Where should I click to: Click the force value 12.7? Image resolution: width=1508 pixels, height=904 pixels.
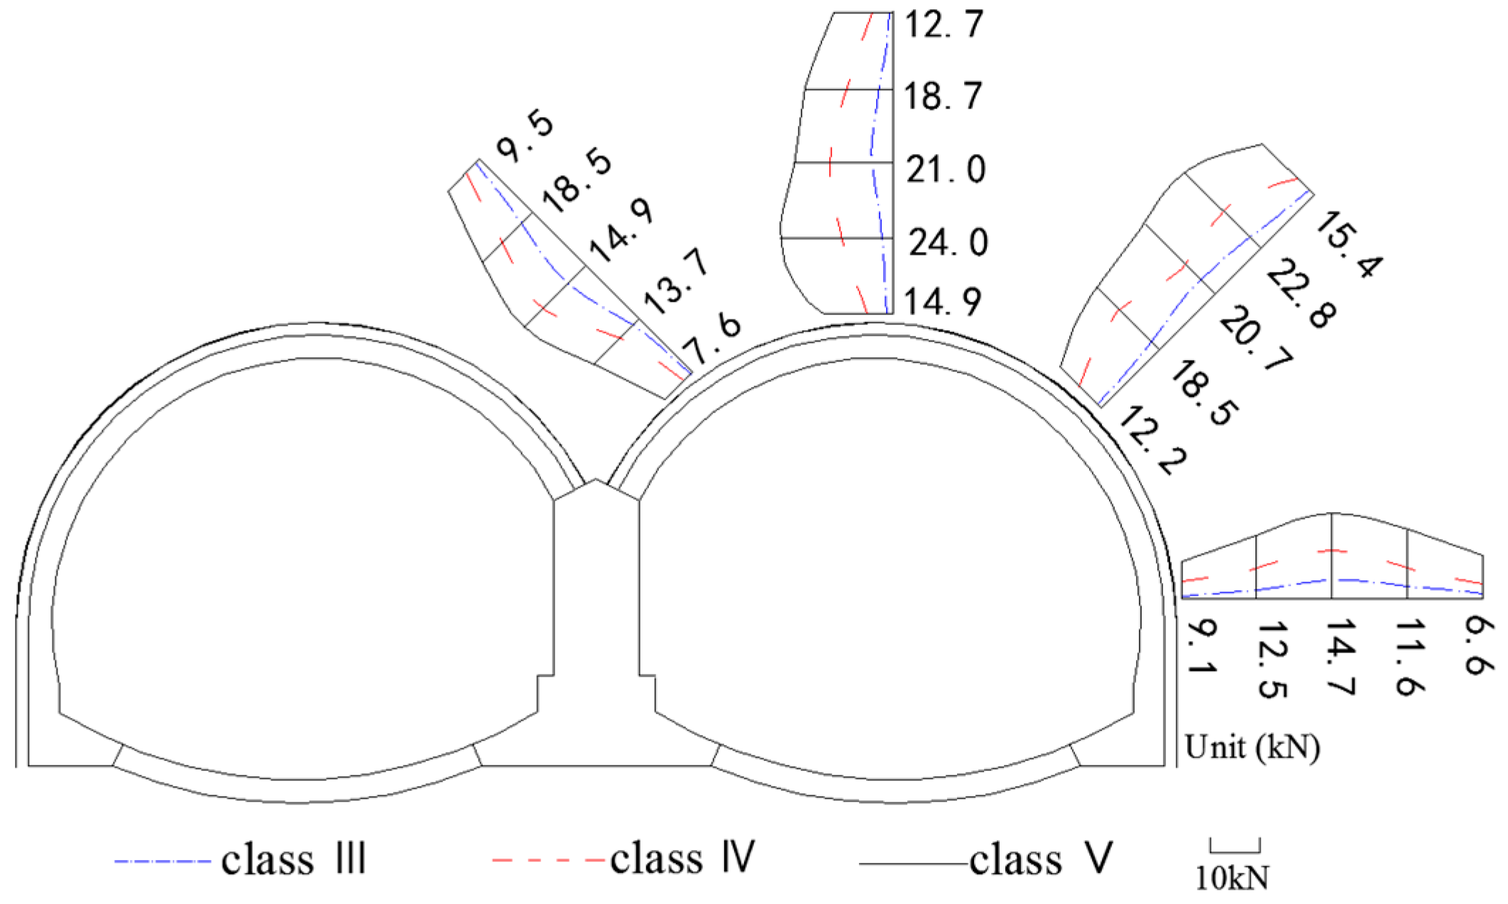tap(944, 25)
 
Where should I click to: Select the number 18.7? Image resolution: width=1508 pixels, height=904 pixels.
tap(943, 96)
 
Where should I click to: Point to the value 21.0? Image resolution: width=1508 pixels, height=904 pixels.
tap(946, 170)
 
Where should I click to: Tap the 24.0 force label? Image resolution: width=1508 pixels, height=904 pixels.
tap(948, 243)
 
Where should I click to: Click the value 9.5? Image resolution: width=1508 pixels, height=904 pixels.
tap(525, 138)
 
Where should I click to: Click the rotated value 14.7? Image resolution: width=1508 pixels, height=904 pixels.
tap(1340, 657)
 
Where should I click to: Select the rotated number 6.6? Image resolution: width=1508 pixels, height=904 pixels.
tap(1479, 646)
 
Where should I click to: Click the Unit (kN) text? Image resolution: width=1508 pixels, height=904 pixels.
tap(1252, 747)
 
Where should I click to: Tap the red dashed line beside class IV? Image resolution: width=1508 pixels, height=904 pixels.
tap(548, 861)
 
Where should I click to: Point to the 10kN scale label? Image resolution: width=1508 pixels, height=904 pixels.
tap(1232, 878)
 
